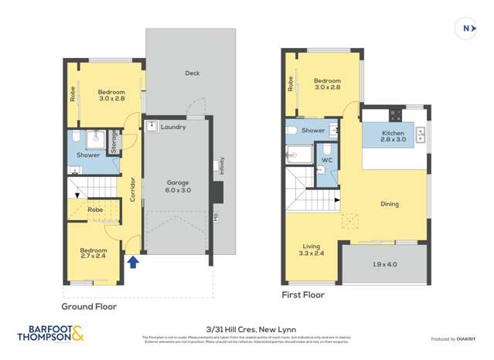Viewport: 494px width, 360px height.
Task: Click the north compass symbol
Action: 466,29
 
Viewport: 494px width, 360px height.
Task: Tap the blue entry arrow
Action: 133,263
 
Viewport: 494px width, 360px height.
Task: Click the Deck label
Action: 192,73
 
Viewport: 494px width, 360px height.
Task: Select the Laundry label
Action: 174,127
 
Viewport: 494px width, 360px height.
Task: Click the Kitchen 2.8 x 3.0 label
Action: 393,137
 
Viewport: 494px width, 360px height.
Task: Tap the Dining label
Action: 389,204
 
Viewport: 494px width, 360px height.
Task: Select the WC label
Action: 326,160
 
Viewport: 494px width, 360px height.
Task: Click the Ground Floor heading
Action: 89,306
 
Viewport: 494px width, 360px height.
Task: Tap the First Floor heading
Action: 304,294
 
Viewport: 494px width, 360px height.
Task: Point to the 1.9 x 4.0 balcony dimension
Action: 383,265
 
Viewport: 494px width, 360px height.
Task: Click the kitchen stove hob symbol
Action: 396,117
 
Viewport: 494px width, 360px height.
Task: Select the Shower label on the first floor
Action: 313,131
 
